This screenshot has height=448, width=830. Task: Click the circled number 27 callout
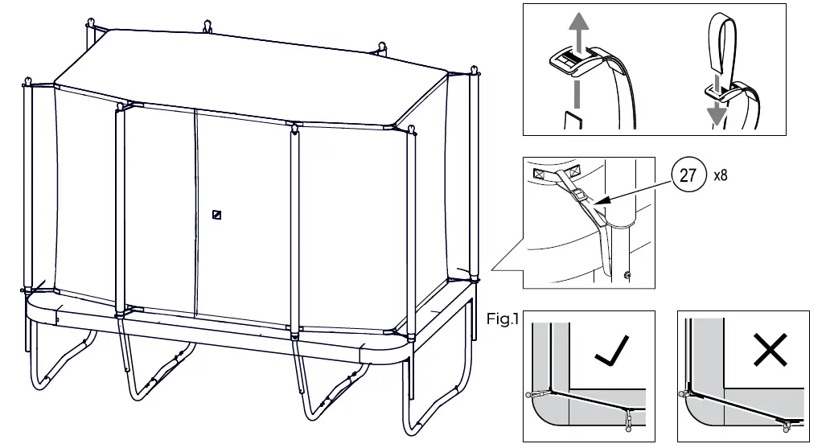(688, 176)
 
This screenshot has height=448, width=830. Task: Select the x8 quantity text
(721, 176)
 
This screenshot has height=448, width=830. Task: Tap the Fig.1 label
(503, 319)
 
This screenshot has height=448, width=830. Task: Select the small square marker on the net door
(216, 215)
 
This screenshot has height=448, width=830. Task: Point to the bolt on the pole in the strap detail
(627, 276)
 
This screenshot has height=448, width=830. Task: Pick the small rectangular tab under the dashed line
(572, 121)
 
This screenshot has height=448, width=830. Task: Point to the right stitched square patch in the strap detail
(574, 171)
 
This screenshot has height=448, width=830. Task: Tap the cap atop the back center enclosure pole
(207, 24)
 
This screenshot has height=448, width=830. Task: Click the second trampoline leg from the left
(153, 370)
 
